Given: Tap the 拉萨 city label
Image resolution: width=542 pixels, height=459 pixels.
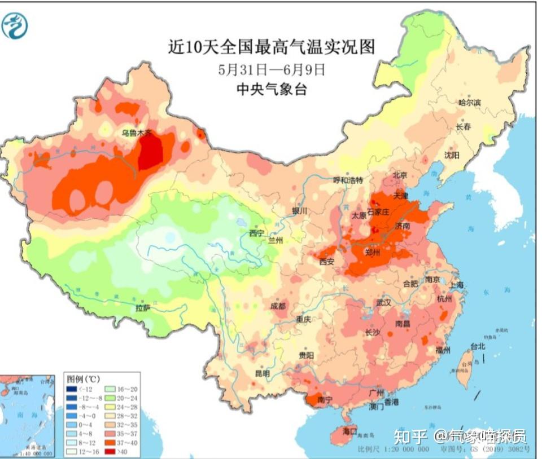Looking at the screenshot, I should point(143,308).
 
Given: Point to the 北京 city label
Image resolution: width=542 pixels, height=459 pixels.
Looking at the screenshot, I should point(400,175).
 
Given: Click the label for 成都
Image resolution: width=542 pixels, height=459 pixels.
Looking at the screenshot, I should point(278,306).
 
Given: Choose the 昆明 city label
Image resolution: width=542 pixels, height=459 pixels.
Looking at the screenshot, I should point(262,373).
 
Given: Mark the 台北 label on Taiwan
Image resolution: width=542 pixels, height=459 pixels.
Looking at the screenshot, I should point(478,346).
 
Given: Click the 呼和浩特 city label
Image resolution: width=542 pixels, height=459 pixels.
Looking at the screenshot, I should point(348,180).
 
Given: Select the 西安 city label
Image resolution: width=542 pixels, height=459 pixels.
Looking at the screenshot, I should point(327,262).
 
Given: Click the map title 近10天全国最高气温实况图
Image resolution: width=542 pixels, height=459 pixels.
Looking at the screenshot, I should point(272,46).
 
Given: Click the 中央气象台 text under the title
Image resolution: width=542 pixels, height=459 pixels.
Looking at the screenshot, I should point(272,89).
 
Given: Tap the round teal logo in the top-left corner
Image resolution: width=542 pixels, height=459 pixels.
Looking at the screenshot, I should point(15,25).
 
